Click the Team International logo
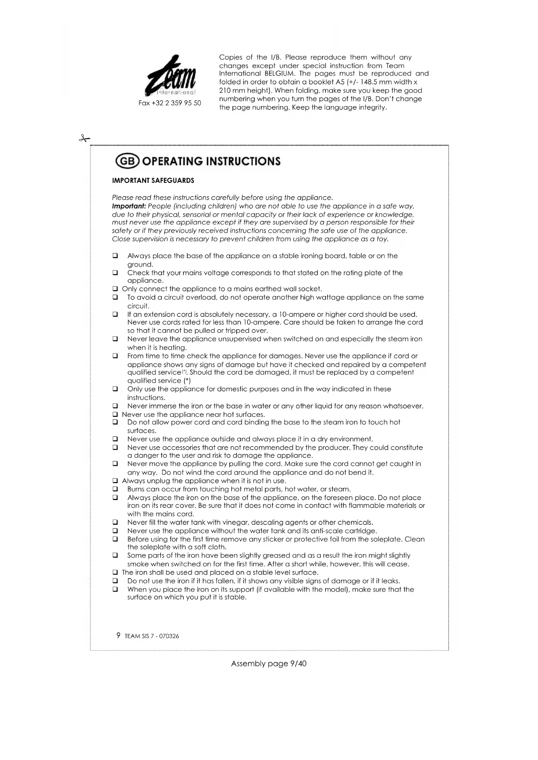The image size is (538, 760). (170, 76)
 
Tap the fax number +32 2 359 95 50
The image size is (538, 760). (170, 103)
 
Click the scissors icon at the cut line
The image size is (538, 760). (84, 139)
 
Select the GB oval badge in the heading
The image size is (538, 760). (127, 161)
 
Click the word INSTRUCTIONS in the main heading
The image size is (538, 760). (243, 161)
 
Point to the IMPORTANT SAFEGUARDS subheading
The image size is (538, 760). (153, 181)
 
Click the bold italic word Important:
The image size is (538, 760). (129, 206)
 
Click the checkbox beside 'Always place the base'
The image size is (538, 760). (115, 256)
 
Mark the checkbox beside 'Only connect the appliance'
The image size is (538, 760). (115, 289)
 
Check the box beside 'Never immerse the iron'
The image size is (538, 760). (115, 406)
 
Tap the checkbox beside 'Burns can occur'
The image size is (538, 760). (115, 489)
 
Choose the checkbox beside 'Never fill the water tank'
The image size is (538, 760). (115, 523)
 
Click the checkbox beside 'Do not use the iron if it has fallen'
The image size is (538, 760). (115, 581)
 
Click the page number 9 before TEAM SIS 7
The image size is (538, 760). (118, 636)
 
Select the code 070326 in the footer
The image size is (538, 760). (169, 636)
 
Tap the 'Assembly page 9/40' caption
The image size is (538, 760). (269, 664)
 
